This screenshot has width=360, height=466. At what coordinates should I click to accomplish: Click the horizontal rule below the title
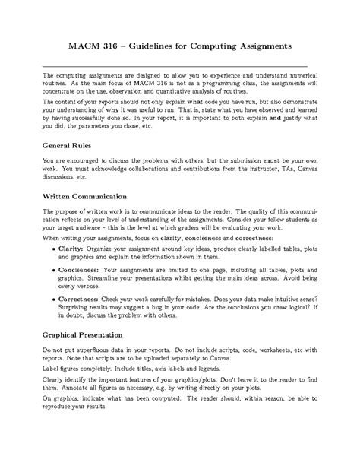pos(180,66)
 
